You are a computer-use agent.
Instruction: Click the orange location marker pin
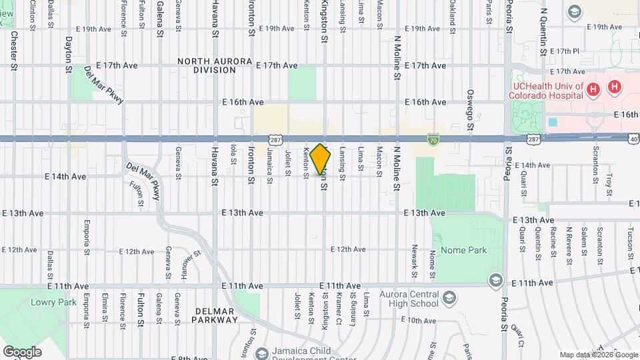[321, 159]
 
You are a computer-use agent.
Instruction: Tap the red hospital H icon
[614, 87]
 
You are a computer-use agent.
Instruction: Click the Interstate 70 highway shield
[433, 138]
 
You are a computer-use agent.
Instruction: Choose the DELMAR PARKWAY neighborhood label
[215, 315]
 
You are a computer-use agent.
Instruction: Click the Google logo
[21, 351]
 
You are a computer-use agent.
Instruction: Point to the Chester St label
[14, 51]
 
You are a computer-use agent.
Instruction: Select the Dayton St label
[69, 51]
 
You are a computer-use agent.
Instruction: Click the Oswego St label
[470, 110]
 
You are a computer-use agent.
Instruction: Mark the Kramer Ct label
[339, 311]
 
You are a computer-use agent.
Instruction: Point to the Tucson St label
[629, 238]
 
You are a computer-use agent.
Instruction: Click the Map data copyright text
[597, 355]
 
